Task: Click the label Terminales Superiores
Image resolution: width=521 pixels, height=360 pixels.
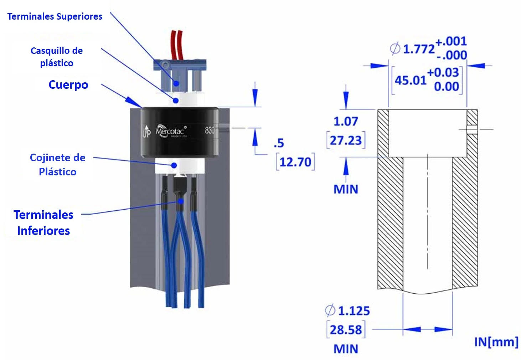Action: coord(55,16)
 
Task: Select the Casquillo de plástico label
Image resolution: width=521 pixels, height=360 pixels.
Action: coord(57,57)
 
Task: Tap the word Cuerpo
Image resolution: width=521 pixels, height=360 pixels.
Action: coord(68,85)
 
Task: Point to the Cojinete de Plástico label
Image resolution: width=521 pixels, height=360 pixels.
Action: coord(57,165)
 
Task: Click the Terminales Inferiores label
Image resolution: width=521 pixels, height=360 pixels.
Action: coord(43,223)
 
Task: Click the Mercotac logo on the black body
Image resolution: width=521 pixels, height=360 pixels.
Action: coord(170,131)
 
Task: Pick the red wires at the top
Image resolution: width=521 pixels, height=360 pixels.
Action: coord(176,45)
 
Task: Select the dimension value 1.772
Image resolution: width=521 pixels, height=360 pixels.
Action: coord(419,49)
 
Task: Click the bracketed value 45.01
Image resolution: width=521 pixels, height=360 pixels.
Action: coord(411,80)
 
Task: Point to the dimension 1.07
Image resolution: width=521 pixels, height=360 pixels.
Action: coord(345,122)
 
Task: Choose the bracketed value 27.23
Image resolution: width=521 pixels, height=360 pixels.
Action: coord(345,140)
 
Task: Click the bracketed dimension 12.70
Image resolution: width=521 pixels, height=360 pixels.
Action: coord(295,162)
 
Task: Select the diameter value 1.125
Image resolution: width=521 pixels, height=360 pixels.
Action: coord(354,311)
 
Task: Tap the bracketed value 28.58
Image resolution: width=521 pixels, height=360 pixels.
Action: coord(346,330)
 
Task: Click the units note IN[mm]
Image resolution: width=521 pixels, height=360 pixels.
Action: coord(496,342)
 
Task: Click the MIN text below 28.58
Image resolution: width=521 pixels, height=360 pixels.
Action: coord(346,349)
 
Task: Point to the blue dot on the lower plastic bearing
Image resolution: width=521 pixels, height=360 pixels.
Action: coord(174,165)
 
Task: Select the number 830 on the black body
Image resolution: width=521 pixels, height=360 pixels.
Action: coord(210,130)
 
